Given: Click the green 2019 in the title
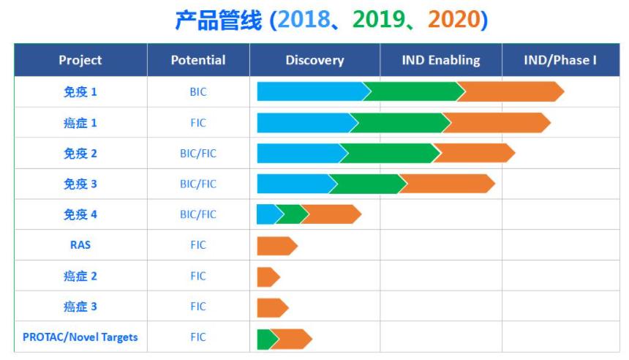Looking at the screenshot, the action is tap(379, 19).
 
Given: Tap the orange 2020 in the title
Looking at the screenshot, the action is tap(454, 19).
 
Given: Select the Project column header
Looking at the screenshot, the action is tap(80, 60).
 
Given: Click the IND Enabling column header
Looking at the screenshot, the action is tap(441, 60).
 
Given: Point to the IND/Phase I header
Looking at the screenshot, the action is tap(560, 60).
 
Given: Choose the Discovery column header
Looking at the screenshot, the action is tap(315, 60).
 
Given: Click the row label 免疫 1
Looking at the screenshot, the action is tap(80, 92).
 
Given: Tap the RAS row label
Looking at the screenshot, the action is tap(80, 245).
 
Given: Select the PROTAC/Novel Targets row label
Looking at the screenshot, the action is tap(80, 337).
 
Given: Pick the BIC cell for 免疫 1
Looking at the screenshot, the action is tap(198, 92).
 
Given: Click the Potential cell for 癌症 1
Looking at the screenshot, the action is tap(198, 123).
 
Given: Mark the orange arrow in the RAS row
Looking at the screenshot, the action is tap(277, 246).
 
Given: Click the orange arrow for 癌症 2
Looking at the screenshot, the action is tap(268, 277).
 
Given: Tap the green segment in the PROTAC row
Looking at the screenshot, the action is tap(266, 339).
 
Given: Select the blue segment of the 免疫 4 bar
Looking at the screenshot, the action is tap(268, 214).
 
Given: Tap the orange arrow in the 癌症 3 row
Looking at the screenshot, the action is tap(273, 308).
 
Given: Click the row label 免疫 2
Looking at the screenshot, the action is tap(80, 154).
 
